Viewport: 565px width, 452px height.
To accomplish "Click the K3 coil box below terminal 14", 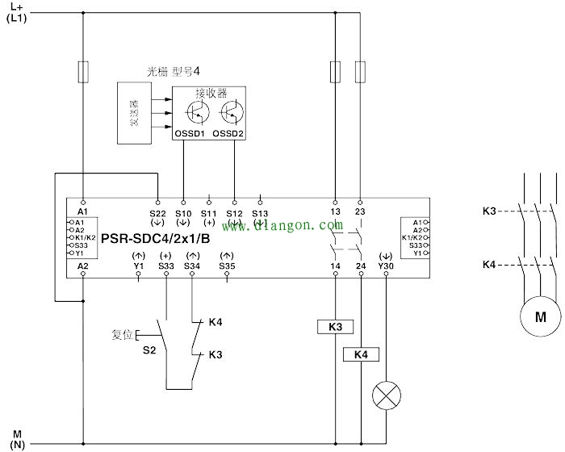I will click(x=335, y=327).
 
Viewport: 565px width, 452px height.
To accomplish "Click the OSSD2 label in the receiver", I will click(x=228, y=133).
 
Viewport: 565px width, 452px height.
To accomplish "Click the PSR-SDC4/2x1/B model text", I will click(x=156, y=239).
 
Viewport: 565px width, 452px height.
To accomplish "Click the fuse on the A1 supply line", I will click(x=83, y=72).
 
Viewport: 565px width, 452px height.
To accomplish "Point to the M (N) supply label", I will click(x=16, y=439).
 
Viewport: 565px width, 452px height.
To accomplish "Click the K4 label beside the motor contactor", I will click(x=489, y=264).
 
